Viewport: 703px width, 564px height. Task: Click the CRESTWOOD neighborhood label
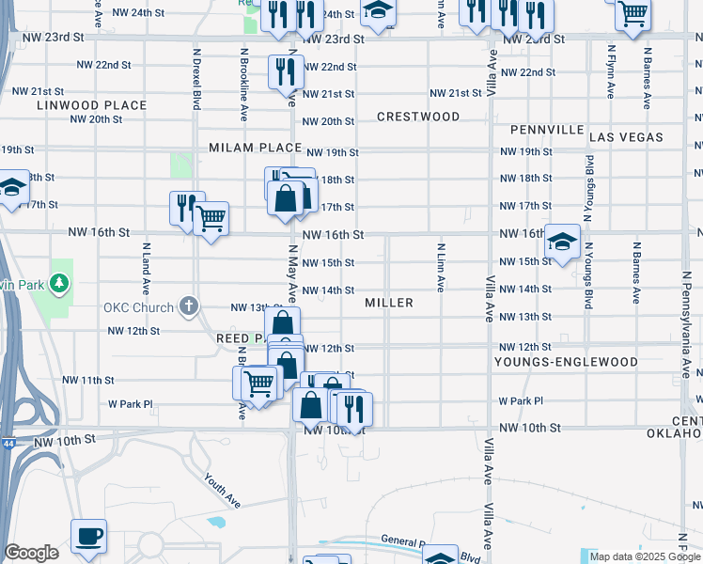(418, 117)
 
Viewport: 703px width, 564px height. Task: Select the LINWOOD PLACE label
(92, 105)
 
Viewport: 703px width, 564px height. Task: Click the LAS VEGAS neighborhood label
(626, 137)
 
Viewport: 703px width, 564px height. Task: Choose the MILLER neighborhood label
(389, 303)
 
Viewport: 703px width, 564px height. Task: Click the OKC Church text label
(139, 307)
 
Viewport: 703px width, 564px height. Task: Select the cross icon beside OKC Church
(189, 306)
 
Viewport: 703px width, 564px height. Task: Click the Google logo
(31, 553)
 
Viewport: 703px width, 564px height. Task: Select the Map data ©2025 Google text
(646, 556)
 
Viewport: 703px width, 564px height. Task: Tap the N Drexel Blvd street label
(197, 79)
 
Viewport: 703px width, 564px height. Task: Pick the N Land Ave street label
(146, 267)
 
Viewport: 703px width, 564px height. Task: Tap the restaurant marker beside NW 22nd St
(284, 71)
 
